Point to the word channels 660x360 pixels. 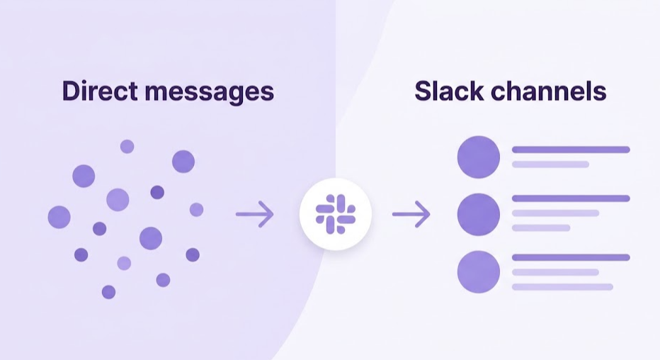[552, 91]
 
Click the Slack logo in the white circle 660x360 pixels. [335, 215]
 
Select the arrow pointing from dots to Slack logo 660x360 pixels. [254, 214]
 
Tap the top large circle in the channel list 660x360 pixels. [479, 157]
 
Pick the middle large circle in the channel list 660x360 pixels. [479, 214]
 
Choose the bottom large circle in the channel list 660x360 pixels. [479, 271]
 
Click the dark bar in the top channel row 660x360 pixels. [571, 150]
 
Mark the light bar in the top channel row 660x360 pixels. [550, 164]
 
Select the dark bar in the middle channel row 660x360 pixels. [571, 198]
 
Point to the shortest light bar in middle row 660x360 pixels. [541, 228]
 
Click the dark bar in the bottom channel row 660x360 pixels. [571, 257]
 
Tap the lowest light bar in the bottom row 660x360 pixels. [562, 286]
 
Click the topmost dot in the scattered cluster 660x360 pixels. [127, 147]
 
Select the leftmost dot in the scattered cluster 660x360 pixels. [59, 217]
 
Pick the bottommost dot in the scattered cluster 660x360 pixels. [108, 292]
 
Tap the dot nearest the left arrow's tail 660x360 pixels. [196, 210]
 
